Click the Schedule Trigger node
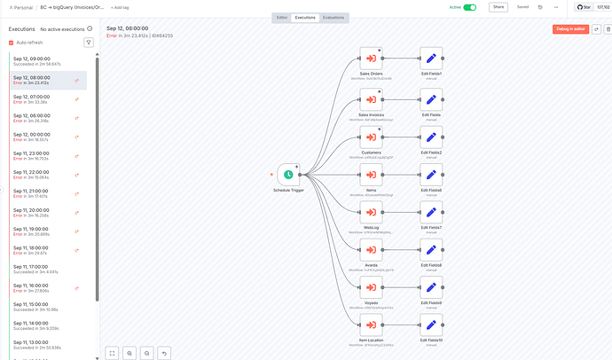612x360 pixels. pyautogui.click(x=288, y=175)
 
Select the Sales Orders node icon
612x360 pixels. pyautogui.click(x=371, y=59)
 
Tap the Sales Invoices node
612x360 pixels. pyautogui.click(x=371, y=98)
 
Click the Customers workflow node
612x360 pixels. pyautogui.click(x=371, y=137)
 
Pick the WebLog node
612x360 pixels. pyautogui.click(x=371, y=212)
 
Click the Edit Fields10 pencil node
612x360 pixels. pyautogui.click(x=431, y=325)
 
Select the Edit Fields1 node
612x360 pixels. pyautogui.click(x=431, y=59)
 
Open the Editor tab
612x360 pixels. pyautogui.click(x=282, y=18)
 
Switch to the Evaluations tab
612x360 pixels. pyautogui.click(x=333, y=18)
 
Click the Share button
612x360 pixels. pyautogui.click(x=498, y=7)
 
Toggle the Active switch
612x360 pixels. pyautogui.click(x=470, y=7)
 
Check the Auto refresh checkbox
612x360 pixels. pyautogui.click(x=12, y=42)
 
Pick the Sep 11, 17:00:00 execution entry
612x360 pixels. pyautogui.click(x=44, y=269)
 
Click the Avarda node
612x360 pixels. pyautogui.click(x=371, y=249)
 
